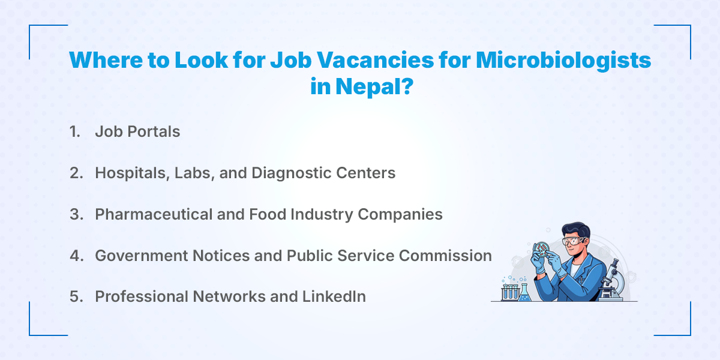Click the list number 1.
74,132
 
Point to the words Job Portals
137,132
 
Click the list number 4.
76,256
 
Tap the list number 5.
76,296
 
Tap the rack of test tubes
509,291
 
